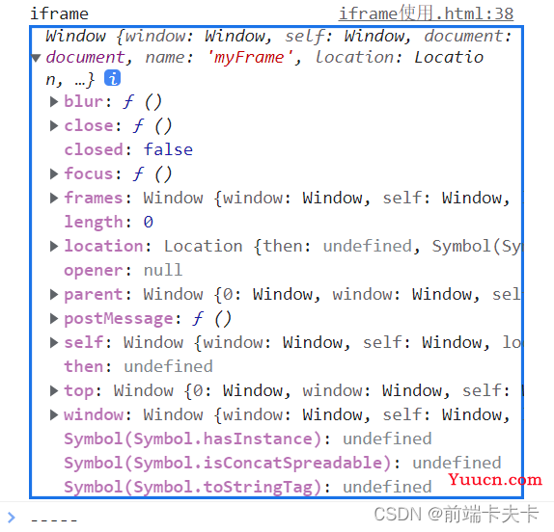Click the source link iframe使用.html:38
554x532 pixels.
click(426, 14)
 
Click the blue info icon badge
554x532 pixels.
click(112, 78)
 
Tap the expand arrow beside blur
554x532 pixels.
click(54, 102)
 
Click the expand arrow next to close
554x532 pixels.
click(54, 126)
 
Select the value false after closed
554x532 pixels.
click(168, 150)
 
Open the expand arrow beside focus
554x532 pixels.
click(54, 173)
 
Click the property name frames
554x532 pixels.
click(93, 198)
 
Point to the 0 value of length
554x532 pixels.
click(148, 223)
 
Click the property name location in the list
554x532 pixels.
click(103, 247)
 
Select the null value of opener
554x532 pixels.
click(163, 270)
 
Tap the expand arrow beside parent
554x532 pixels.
click(54, 294)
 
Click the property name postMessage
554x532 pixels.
click(119, 319)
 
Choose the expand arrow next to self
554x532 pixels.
click(54, 342)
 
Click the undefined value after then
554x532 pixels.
click(168, 366)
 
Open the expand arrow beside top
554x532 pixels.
click(54, 390)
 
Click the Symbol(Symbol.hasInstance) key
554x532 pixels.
click(193, 439)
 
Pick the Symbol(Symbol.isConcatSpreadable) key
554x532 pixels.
click(228, 464)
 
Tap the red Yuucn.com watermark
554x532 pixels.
click(495, 480)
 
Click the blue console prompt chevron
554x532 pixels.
click(12, 518)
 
